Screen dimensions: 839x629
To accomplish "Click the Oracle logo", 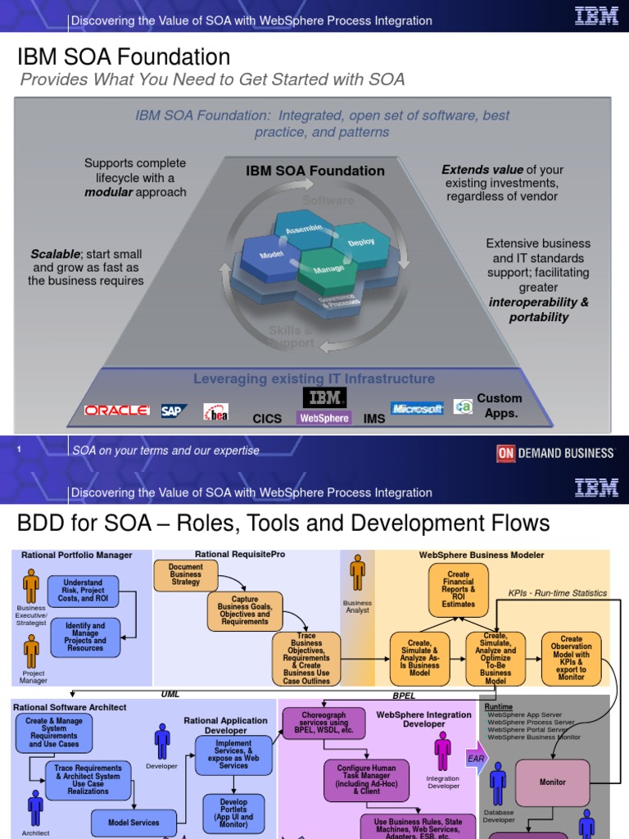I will click(x=116, y=410).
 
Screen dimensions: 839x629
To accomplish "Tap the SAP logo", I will click(x=174, y=411).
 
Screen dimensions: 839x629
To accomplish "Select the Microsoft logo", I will click(x=417, y=408).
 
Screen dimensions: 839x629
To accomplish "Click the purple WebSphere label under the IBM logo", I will click(x=324, y=418).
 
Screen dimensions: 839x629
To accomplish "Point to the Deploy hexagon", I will click(x=361, y=243).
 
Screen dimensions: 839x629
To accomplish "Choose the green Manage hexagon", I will click(x=328, y=268).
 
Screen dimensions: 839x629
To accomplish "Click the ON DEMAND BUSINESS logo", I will click(x=555, y=452).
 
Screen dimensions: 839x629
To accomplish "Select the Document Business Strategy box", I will click(x=186, y=574).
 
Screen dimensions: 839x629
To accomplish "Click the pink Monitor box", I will click(x=552, y=782).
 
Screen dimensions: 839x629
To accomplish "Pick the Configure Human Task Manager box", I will click(x=366, y=780).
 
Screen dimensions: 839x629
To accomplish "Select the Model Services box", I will click(x=134, y=822).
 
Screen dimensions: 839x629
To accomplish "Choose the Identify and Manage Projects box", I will click(x=85, y=637).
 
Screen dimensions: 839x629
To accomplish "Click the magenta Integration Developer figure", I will click(x=443, y=750).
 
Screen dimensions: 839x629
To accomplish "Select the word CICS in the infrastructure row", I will click(x=267, y=419).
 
